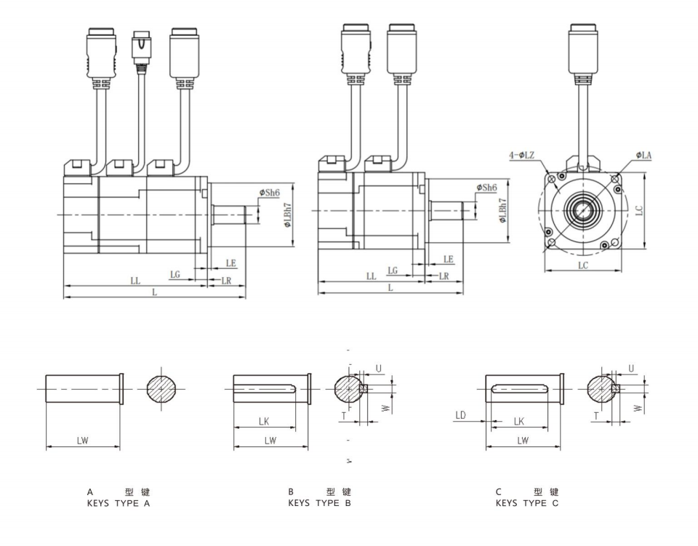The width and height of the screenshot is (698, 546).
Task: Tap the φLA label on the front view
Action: (x=643, y=155)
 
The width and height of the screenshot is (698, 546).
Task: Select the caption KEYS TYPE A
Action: (x=118, y=503)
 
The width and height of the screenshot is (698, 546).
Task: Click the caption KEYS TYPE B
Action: (x=319, y=503)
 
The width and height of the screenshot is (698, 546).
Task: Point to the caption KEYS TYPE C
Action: (x=527, y=503)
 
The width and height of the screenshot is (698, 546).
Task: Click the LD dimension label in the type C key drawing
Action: (x=460, y=415)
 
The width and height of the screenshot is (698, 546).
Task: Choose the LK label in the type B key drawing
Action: (x=264, y=421)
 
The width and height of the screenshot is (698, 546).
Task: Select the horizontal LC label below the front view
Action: (x=583, y=266)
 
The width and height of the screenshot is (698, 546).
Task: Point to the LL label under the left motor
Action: (x=135, y=281)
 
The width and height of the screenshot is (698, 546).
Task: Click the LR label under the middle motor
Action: (x=444, y=276)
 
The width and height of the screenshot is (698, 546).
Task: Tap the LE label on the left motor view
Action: (x=230, y=262)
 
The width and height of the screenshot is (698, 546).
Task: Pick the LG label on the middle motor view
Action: (x=393, y=270)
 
